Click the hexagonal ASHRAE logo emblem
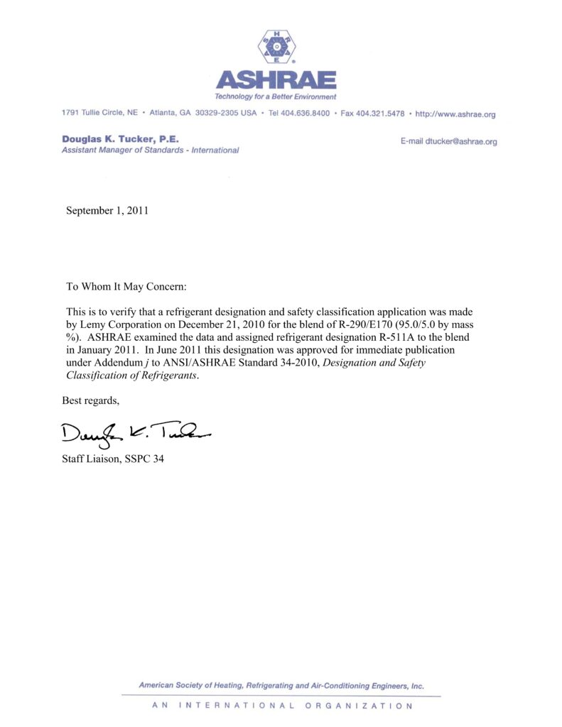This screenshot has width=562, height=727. (277, 48)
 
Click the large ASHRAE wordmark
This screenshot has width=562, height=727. (276, 80)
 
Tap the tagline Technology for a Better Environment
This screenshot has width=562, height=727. (276, 97)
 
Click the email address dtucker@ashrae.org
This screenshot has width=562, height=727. (461, 141)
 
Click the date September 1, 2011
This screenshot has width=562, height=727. (107, 210)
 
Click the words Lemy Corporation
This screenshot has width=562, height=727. (117, 324)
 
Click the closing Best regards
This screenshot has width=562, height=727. (91, 401)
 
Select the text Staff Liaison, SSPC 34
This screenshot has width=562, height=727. (114, 459)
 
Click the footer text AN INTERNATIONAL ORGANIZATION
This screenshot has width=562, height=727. (282, 706)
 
